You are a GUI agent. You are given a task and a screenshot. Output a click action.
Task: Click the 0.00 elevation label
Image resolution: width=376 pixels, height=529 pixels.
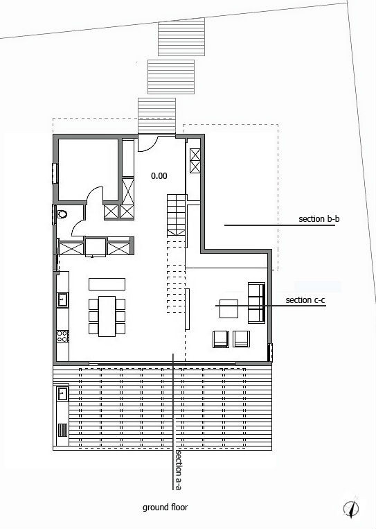coord(159,176)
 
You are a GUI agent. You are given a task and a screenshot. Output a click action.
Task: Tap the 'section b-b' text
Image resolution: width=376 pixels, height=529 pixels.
coord(319,219)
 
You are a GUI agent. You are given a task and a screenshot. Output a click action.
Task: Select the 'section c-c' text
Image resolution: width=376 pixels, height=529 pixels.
coord(305,300)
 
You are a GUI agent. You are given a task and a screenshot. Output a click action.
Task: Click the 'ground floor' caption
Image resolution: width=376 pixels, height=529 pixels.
coord(165,507)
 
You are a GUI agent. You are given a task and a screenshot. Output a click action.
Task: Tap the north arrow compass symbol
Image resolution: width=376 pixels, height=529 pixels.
coord(351,508)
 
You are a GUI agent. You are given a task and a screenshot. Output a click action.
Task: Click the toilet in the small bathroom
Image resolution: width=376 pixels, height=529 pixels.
coord(62,214)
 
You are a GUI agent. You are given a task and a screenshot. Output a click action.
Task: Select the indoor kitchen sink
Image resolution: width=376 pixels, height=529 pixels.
coord(62,300)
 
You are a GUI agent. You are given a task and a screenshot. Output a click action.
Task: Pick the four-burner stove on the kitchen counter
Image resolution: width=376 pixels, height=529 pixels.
coord(62,336)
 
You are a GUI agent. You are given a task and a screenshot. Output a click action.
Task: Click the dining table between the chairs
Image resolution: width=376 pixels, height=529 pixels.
coord(107,316)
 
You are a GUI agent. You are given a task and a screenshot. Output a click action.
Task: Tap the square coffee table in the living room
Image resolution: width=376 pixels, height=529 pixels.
coord(229,309)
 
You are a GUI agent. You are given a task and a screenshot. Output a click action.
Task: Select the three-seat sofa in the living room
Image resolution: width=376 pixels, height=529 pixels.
coord(256,302)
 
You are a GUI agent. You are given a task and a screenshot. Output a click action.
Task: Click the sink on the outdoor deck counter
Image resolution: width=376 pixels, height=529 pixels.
coord(62,394)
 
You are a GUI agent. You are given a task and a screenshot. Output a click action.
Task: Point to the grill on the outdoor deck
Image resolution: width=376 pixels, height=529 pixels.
coord(62,430)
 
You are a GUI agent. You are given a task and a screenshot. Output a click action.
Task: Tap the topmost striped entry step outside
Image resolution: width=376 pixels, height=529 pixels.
coord(181,37)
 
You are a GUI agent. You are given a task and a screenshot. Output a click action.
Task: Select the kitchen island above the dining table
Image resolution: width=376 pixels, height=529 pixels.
coord(107,284)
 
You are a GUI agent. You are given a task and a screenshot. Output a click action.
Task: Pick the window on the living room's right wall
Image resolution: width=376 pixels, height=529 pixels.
coord(270,352)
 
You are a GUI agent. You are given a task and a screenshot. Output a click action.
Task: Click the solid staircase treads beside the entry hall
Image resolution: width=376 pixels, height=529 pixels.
coord(176,215)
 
